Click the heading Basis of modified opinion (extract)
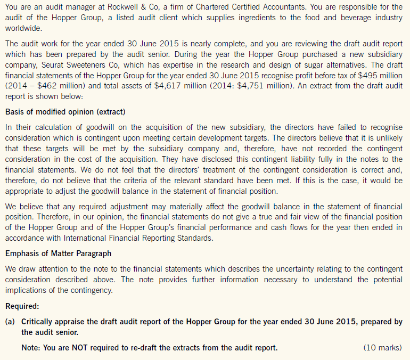pyautogui.click(x=65, y=112)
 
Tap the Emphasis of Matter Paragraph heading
pyautogui.click(x=58, y=253)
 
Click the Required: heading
pyautogui.click(x=22, y=307)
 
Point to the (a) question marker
pyautogui.click(x=10, y=322)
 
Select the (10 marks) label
pyautogui.click(x=382, y=348)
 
